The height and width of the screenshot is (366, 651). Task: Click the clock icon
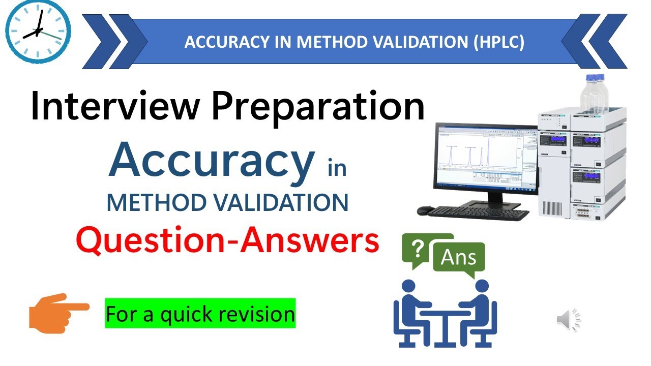pos(38,32)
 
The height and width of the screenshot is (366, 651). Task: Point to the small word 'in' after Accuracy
pos(337,168)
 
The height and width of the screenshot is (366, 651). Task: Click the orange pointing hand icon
pos(58,312)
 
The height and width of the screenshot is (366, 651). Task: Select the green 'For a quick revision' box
pos(200,313)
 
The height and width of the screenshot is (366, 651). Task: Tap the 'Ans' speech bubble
pos(459,258)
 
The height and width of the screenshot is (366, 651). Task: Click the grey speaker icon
pos(568,319)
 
